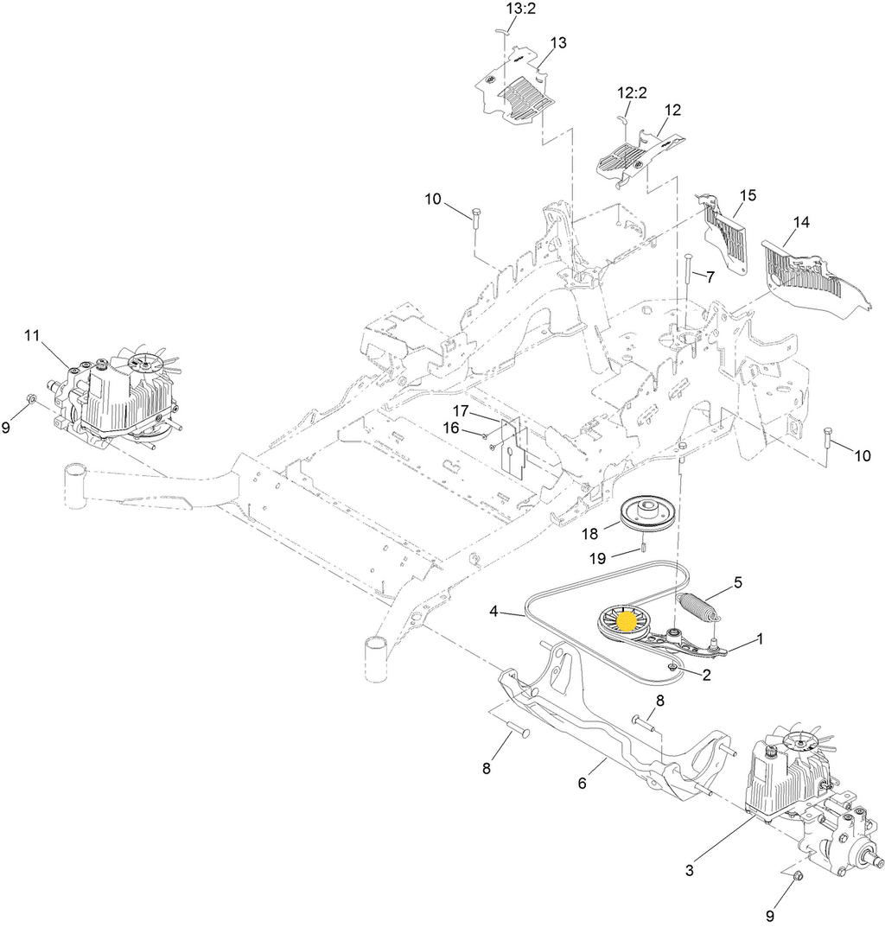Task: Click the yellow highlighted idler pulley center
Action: coord(627,621)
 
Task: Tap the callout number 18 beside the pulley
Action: coord(589,533)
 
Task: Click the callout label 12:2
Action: coord(632,92)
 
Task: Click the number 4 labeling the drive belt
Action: coord(494,611)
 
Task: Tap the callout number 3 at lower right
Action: coord(689,870)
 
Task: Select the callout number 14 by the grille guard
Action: coord(801,222)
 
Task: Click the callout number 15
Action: coord(748,195)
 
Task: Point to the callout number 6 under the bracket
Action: coord(583,784)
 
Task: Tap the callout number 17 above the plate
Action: coord(461,410)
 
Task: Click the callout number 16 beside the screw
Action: coord(451,428)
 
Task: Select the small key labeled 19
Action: coord(640,548)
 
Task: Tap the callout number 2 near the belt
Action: coord(706,675)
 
